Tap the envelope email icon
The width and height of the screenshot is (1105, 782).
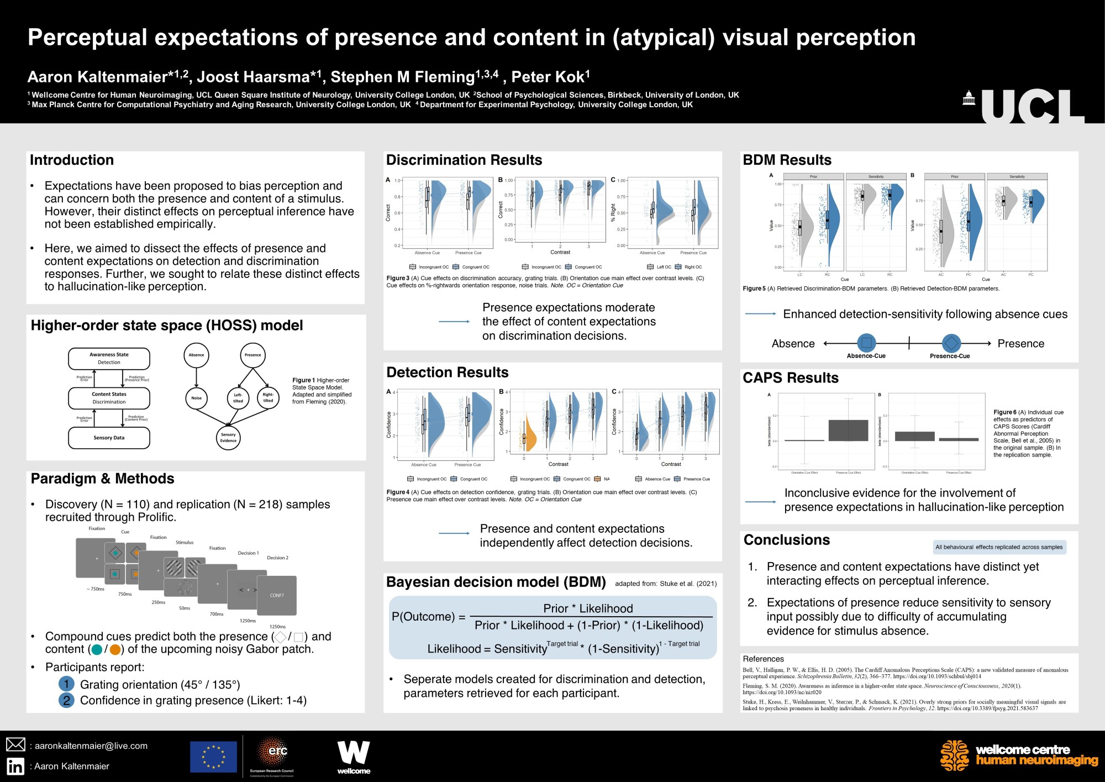pyautogui.click(x=15, y=744)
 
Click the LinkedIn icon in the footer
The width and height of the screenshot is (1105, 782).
pyautogui.click(x=15, y=766)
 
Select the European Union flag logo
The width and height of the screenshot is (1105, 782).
pyautogui.click(x=213, y=757)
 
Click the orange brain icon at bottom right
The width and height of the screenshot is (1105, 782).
pyautogui.click(x=954, y=755)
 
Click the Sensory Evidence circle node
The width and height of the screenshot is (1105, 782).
pyautogui.click(x=228, y=437)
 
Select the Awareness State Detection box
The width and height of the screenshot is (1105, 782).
pyautogui.click(x=109, y=359)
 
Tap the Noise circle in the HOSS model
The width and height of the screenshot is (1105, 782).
pyautogui.click(x=196, y=398)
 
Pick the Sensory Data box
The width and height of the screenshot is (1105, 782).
pyautogui.click(x=109, y=438)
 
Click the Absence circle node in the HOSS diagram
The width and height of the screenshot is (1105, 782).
pyautogui.click(x=196, y=355)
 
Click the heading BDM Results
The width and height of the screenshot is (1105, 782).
pyautogui.click(x=787, y=160)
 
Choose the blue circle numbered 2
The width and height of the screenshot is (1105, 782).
pyautogui.click(x=66, y=700)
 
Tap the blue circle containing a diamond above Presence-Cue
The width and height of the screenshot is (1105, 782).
pyautogui.click(x=951, y=343)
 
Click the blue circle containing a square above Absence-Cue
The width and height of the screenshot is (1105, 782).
pyautogui.click(x=866, y=343)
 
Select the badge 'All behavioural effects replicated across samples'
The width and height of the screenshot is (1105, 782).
pyautogui.click(x=999, y=547)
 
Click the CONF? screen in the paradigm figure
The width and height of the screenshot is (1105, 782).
pyautogui.click(x=277, y=595)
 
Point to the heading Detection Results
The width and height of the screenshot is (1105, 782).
pyautogui.click(x=447, y=372)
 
